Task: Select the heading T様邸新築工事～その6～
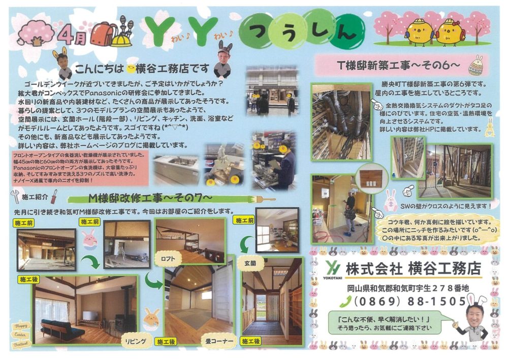tap(398, 65)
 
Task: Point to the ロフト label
tap(168, 258)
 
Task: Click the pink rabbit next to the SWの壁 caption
tap(390, 199)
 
